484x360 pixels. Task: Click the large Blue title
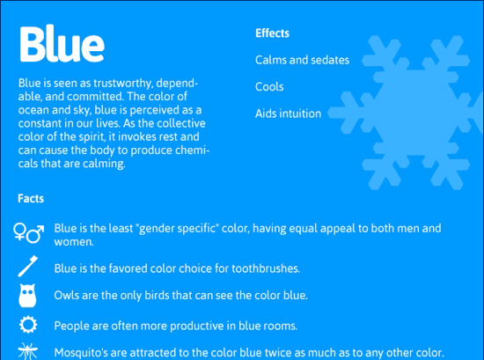[62, 44]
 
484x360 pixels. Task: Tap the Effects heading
[272, 33]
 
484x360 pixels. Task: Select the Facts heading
[31, 199]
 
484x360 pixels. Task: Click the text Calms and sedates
[302, 60]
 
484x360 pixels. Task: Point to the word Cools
[269, 87]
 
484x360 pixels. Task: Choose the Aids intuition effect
[288, 114]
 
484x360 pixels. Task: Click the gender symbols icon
[28, 232]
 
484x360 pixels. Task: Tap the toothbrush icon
[28, 266]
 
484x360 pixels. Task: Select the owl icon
[27, 296]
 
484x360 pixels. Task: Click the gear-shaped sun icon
[28, 325]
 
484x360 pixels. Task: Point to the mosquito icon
[28, 351]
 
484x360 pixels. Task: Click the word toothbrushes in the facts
[266, 268]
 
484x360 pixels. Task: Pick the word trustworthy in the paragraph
[123, 83]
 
